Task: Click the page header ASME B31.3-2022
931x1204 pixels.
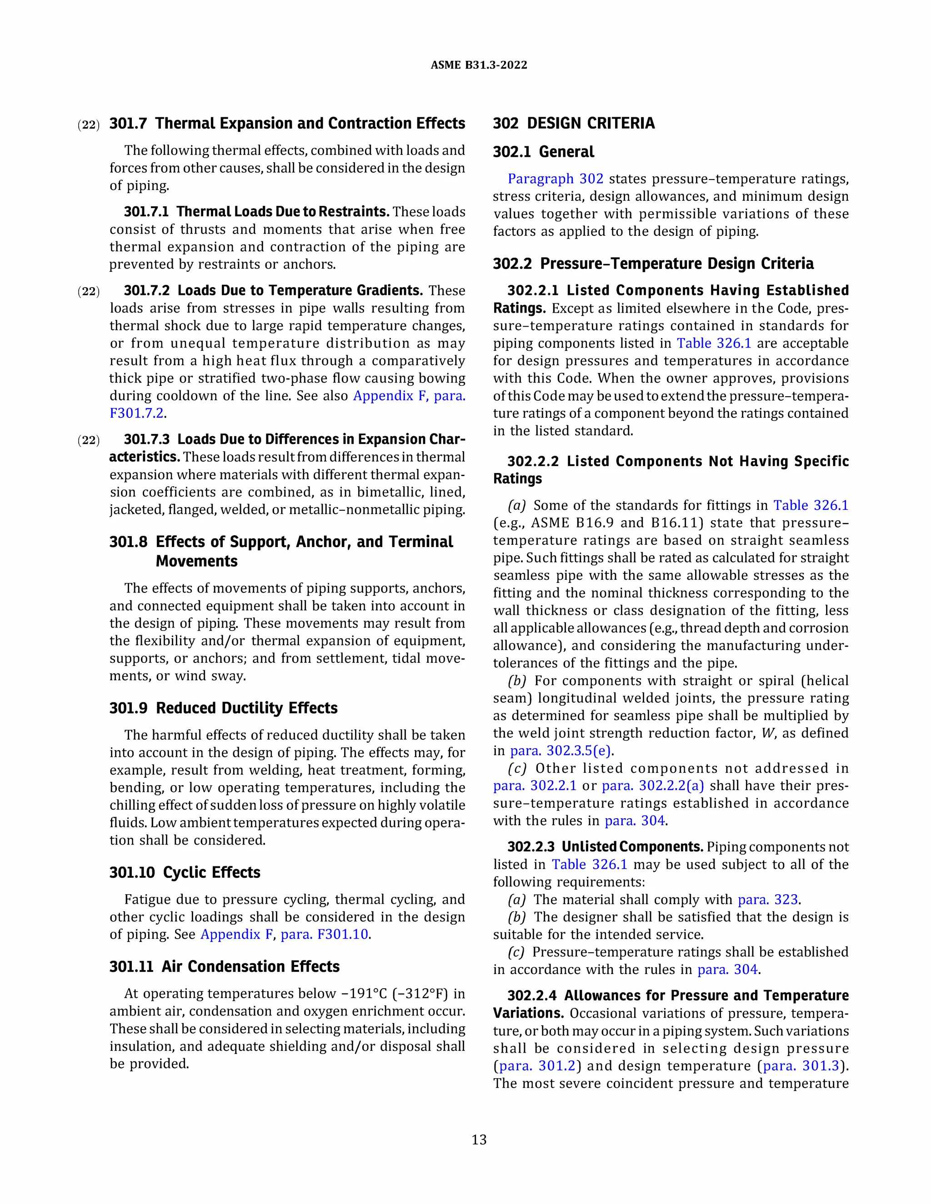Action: click(x=478, y=65)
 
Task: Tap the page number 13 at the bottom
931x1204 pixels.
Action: click(x=479, y=1139)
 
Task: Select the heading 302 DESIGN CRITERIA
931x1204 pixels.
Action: click(x=574, y=123)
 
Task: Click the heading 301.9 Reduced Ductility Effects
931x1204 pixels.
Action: click(x=223, y=708)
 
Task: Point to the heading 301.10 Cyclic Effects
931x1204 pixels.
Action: click(x=184, y=872)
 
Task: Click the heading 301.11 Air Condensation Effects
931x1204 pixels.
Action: click(x=224, y=966)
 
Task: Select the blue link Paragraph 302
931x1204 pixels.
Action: click(x=555, y=179)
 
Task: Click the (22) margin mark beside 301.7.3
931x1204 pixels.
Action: click(x=88, y=440)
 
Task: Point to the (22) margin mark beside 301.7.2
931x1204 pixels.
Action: click(x=88, y=291)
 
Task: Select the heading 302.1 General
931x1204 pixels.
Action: click(x=543, y=152)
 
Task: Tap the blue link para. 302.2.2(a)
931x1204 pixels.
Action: click(x=652, y=786)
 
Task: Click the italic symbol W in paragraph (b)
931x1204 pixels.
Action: click(x=768, y=733)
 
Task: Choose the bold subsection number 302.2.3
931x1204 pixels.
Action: click(x=531, y=847)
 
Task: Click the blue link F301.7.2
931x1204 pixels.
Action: click(x=137, y=413)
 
